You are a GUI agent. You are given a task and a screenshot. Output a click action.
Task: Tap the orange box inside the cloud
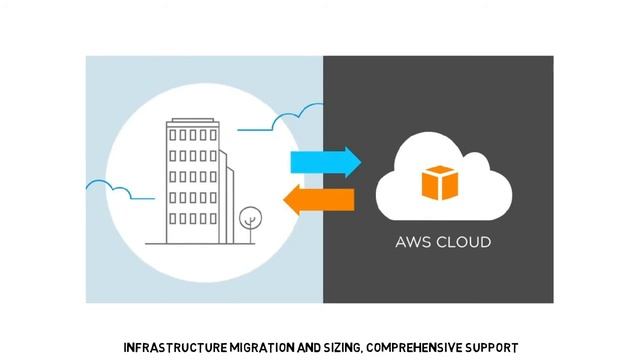[x=438, y=183]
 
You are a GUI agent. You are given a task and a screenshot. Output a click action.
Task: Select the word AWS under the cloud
[x=414, y=242]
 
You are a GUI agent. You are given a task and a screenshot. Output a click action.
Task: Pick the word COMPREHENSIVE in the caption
[x=420, y=348]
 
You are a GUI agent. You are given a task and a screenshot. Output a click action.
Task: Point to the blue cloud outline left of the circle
[x=108, y=186]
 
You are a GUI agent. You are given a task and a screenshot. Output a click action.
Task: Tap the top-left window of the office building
[x=173, y=134]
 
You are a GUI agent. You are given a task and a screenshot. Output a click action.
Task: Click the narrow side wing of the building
[x=228, y=200]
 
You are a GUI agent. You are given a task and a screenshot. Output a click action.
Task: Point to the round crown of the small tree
[x=248, y=213]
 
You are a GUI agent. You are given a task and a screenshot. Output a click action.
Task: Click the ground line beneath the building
[x=200, y=243]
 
